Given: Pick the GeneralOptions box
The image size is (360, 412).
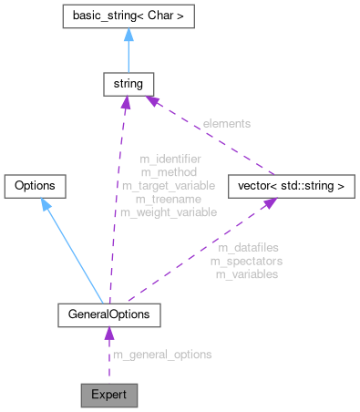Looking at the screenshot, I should click(109, 314).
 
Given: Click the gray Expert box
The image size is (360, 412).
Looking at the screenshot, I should click(109, 395).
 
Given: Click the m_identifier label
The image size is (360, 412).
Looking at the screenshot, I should click(170, 159).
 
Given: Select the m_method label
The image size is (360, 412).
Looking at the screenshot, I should click(170, 171).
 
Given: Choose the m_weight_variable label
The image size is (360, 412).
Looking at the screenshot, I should click(170, 211).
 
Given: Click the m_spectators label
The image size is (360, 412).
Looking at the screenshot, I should click(246, 261).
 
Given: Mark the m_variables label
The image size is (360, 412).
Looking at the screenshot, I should click(246, 273).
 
